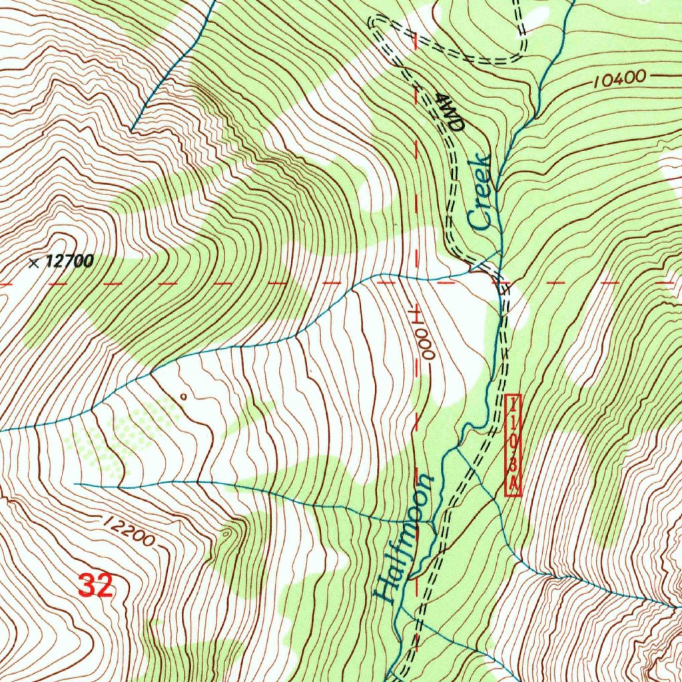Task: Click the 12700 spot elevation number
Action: [70, 262]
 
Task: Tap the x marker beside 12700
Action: [34, 262]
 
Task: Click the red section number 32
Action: [95, 586]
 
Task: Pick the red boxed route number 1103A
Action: [513, 445]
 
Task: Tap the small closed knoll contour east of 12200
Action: [229, 532]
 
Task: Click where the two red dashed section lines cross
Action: [416, 283]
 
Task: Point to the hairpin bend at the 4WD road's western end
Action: [375, 23]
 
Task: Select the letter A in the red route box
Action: [513, 486]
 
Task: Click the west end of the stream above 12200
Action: [77, 484]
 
